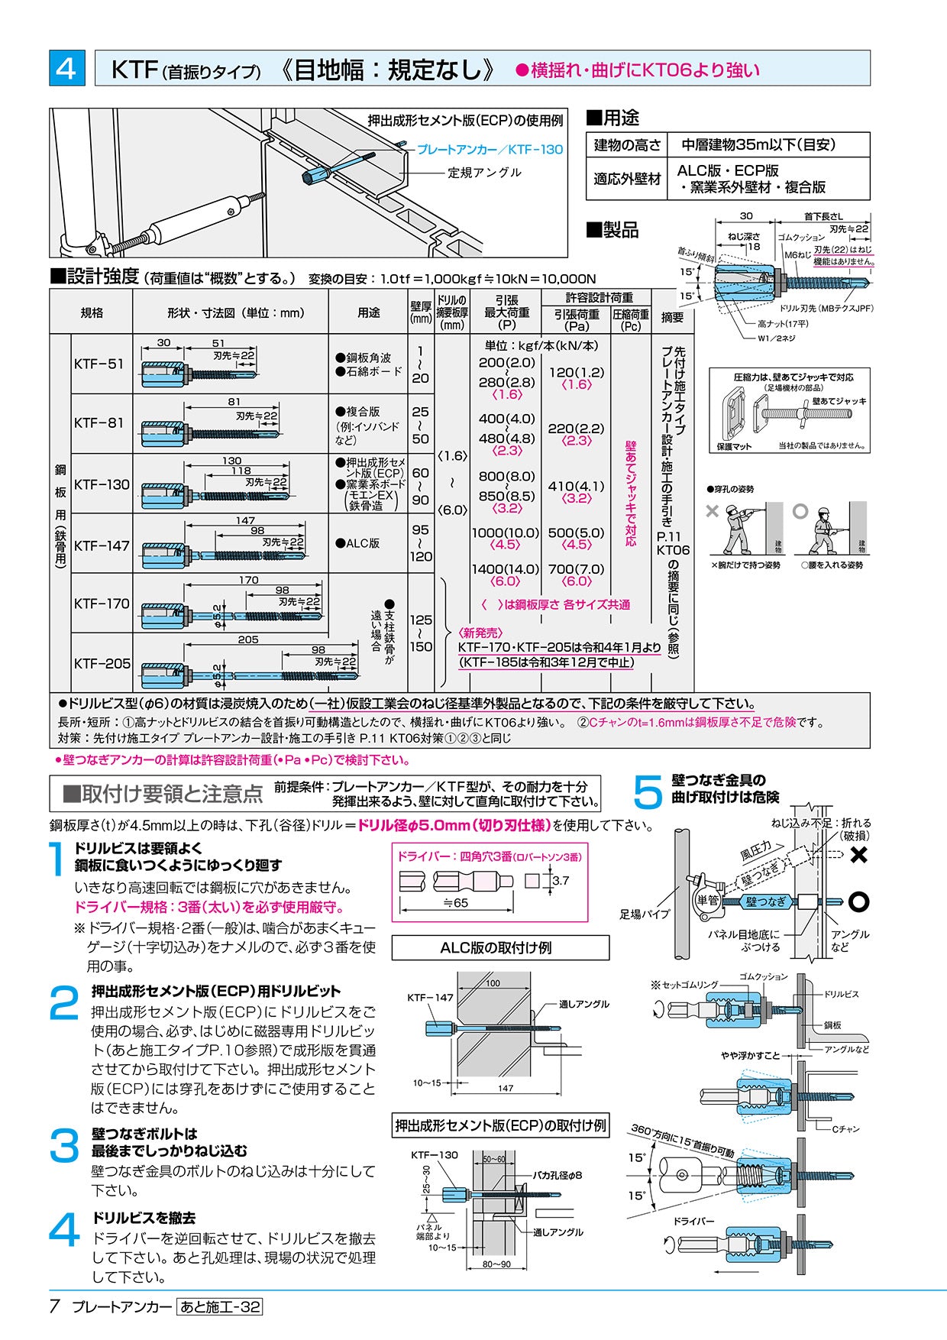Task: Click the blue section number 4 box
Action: pyautogui.click(x=67, y=68)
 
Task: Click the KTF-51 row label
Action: pyautogui.click(x=99, y=364)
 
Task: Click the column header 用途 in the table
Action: pyautogui.click(x=368, y=312)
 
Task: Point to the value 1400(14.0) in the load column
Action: pyautogui.click(x=505, y=569)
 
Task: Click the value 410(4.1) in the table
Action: pyautogui.click(x=576, y=486)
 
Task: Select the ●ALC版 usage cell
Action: pyautogui.click(x=357, y=543)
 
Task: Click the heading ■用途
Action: pyautogui.click(x=612, y=118)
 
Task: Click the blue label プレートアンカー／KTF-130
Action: pyautogui.click(x=489, y=150)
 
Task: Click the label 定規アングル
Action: pyautogui.click(x=484, y=173)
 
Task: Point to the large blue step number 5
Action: pyautogui.click(x=648, y=791)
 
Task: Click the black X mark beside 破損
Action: pyautogui.click(x=858, y=854)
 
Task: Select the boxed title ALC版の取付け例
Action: pyautogui.click(x=500, y=948)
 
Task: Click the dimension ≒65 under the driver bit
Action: pyautogui.click(x=456, y=903)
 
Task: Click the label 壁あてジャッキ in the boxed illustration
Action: pyautogui.click(x=839, y=401)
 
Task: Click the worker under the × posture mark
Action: pyautogui.click(x=738, y=530)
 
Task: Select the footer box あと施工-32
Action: pyautogui.click(x=219, y=1307)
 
